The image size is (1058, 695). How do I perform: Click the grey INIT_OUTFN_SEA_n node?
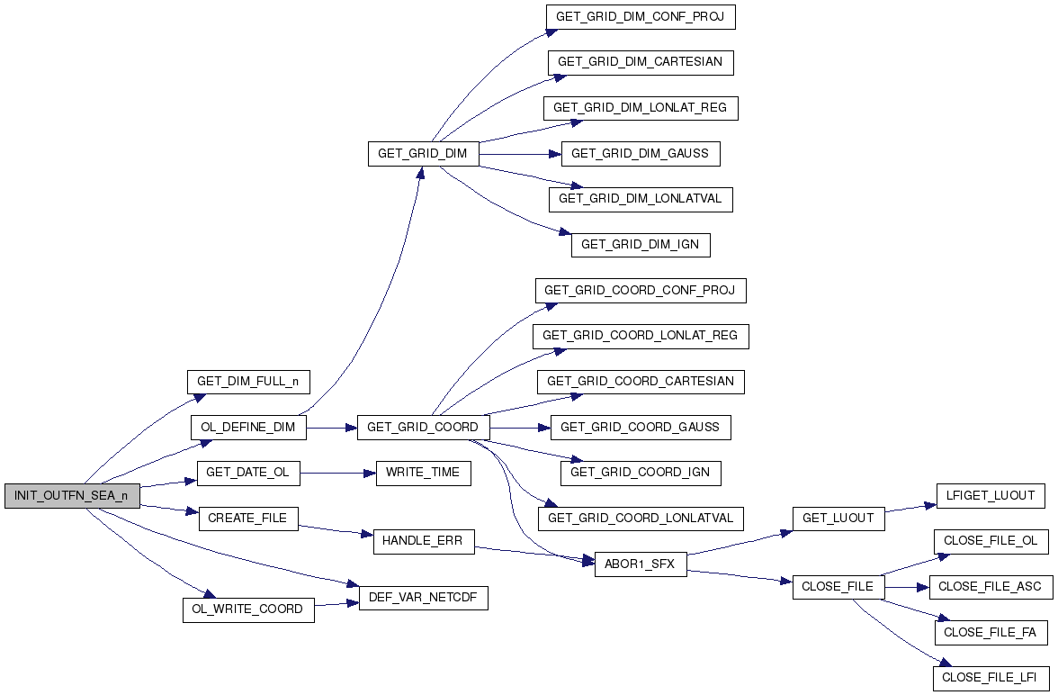[72, 496]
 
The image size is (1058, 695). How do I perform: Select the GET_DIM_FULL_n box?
[247, 382]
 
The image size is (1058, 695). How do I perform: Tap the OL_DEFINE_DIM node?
[248, 428]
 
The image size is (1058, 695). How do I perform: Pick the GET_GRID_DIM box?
[423, 153]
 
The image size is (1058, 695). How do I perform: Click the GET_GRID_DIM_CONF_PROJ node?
[641, 16]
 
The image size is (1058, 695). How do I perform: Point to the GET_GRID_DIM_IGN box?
[641, 245]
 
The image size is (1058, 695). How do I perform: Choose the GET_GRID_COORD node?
[423, 428]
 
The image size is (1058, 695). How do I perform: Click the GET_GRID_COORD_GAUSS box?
[641, 428]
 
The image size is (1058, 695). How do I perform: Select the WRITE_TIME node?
[423, 473]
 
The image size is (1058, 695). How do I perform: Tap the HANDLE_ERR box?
[423, 541]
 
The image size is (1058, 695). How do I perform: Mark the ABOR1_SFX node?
[641, 564]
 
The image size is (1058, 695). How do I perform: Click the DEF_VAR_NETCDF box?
[423, 598]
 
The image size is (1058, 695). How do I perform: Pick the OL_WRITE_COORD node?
[248, 609]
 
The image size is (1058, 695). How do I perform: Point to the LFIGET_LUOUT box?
[991, 496]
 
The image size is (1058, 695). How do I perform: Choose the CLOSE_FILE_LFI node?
[991, 677]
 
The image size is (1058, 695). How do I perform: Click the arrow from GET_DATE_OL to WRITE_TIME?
[337, 473]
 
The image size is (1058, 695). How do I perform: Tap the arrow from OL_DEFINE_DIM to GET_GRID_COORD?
[331, 428]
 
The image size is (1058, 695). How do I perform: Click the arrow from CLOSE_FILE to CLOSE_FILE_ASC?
[907, 587]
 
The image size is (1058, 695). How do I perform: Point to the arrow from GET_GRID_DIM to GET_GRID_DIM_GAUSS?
[520, 154]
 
